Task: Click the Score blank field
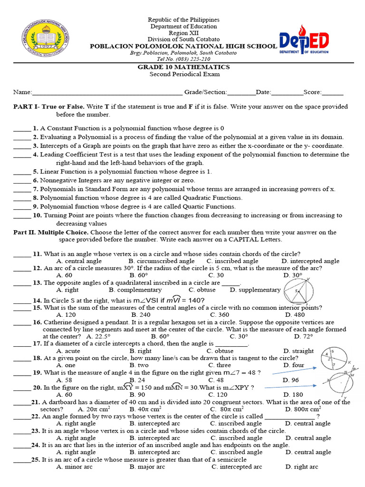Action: (x=332, y=92)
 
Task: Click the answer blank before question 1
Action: (x=21, y=128)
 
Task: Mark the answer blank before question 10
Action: (x=21, y=215)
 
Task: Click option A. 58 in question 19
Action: (x=64, y=380)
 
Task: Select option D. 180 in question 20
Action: (x=292, y=395)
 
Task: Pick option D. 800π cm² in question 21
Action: (x=303, y=409)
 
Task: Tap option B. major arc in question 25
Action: (x=147, y=467)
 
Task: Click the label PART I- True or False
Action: (x=49, y=107)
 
